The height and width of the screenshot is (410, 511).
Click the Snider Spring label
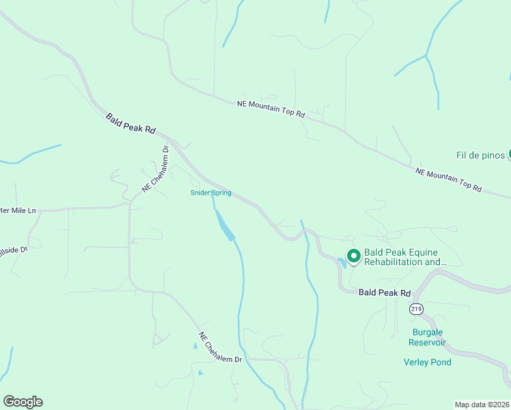pyautogui.click(x=210, y=193)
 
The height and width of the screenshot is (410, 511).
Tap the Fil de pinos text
pyautogui.click(x=480, y=155)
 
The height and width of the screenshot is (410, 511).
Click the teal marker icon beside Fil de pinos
pyautogui.click(x=509, y=155)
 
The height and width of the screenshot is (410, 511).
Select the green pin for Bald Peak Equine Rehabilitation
pyautogui.click(x=354, y=256)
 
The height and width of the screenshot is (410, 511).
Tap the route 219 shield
pyautogui.click(x=417, y=309)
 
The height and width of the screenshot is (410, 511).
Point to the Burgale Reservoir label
pyautogui.click(x=427, y=337)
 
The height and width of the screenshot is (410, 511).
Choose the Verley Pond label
pyautogui.click(x=428, y=362)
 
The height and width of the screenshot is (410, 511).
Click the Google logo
pyautogui.click(x=23, y=402)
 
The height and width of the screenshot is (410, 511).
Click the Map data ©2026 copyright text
pyautogui.click(x=482, y=405)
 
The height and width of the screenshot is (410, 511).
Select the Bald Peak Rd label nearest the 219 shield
pyautogui.click(x=385, y=292)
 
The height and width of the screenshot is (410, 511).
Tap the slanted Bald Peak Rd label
pyautogui.click(x=130, y=124)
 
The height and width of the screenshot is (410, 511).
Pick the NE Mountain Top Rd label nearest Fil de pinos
pyautogui.click(x=448, y=180)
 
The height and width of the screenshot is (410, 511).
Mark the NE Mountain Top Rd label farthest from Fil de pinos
pyautogui.click(x=271, y=109)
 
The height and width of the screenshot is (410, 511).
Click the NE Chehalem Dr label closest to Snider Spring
pyautogui.click(x=155, y=169)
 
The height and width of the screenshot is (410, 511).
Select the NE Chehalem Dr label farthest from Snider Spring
pyautogui.click(x=221, y=348)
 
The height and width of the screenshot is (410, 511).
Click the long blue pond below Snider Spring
pyautogui.click(x=224, y=225)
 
